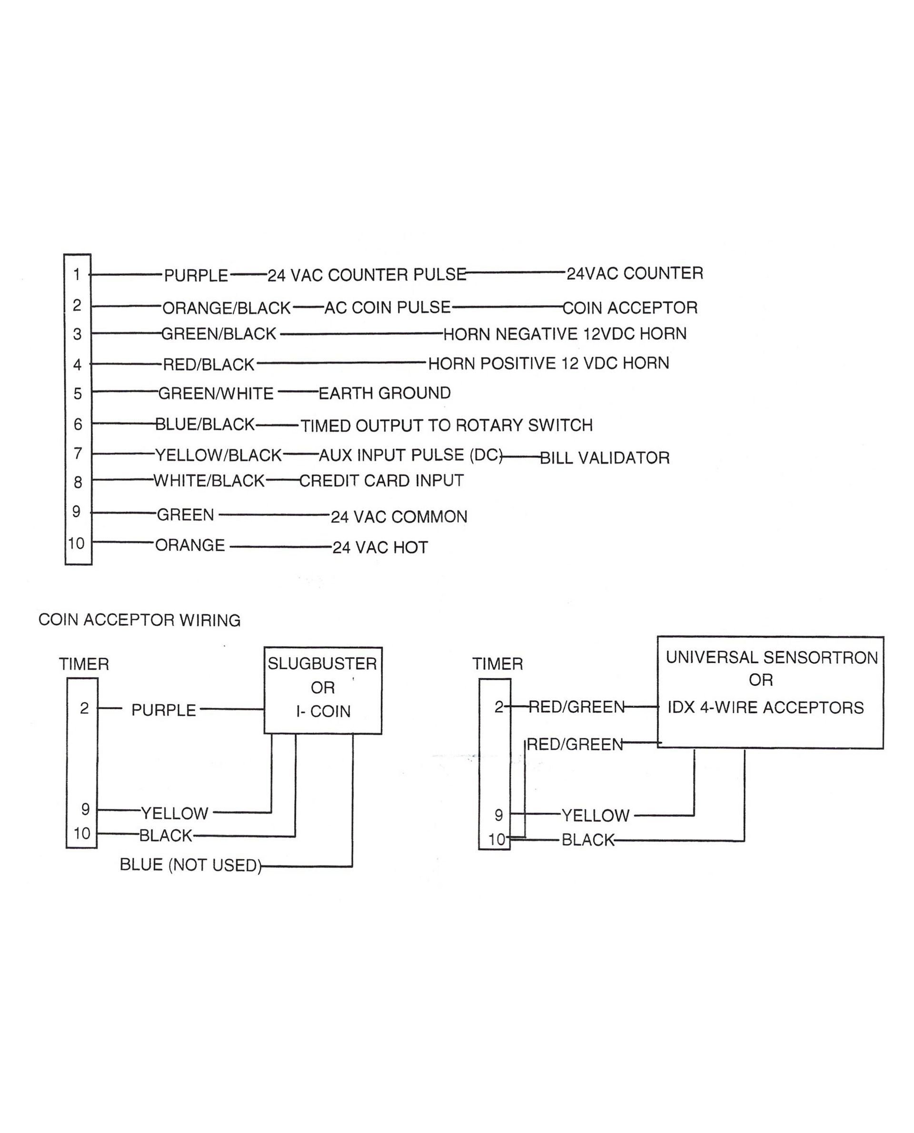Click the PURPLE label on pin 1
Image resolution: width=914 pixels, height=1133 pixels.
pyautogui.click(x=196, y=275)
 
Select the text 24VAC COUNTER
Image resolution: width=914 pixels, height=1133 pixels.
pyautogui.click(x=635, y=273)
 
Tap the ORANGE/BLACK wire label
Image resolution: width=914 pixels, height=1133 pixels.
pyautogui.click(x=227, y=308)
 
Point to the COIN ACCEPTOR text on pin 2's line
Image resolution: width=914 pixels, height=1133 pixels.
pyautogui.click(x=630, y=308)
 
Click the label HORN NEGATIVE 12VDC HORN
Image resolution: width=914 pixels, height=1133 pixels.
pyautogui.click(x=565, y=334)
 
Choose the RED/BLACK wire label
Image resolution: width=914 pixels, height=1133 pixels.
pyautogui.click(x=209, y=364)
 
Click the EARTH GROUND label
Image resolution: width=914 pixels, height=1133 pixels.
pyautogui.click(x=384, y=393)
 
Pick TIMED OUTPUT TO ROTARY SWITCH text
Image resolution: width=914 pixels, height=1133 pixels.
pyautogui.click(x=447, y=426)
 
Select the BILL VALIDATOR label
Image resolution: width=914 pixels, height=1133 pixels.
pyautogui.click(x=605, y=458)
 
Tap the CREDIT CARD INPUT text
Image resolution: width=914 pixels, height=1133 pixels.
pyautogui.click(x=381, y=481)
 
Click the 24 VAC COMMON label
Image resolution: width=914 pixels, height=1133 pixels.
pyautogui.click(x=398, y=517)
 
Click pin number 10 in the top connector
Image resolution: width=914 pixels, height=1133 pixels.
pyautogui.click(x=77, y=543)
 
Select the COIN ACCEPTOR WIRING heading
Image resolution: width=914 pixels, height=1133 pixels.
pyautogui.click(x=139, y=620)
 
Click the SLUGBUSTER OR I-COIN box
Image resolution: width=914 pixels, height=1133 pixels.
pyautogui.click(x=323, y=690)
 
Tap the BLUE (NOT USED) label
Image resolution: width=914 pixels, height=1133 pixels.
pyautogui.click(x=190, y=865)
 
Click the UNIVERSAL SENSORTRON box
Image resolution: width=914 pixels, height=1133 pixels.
pyautogui.click(x=770, y=692)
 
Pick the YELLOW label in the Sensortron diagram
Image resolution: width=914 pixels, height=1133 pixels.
pyautogui.click(x=596, y=815)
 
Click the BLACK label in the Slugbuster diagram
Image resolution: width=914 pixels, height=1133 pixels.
pyautogui.click(x=166, y=835)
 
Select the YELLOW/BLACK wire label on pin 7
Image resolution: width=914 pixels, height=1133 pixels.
pyautogui.click(x=219, y=455)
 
